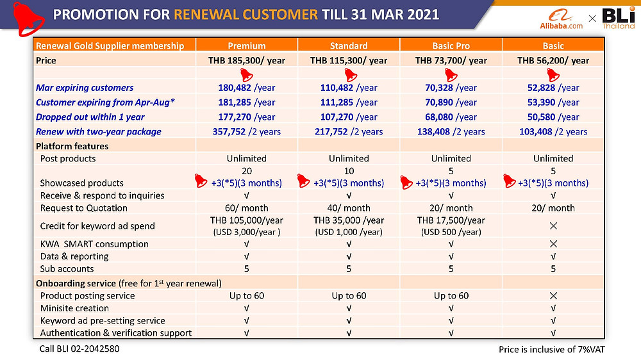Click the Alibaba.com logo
pyautogui.click(x=565, y=19)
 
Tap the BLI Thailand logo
pyautogui.click(x=619, y=19)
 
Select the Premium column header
pyautogui.click(x=247, y=45)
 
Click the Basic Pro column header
pyautogui.click(x=451, y=45)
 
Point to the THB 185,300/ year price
pyautogui.click(x=247, y=60)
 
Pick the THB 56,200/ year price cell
pyautogui.click(x=553, y=60)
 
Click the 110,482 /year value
pyautogui.click(x=349, y=88)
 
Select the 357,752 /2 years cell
pyautogui.click(x=247, y=131)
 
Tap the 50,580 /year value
pyautogui.click(x=553, y=117)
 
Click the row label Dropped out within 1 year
pyautogui.click(x=90, y=117)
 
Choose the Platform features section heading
pyautogui.click(x=72, y=145)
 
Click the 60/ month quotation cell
pyautogui.click(x=247, y=208)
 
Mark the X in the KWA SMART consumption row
pyautogui.click(x=553, y=244)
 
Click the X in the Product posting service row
pyautogui.click(x=553, y=296)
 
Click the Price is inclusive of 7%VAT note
pyautogui.click(x=552, y=349)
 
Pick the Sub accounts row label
pyautogui.click(x=67, y=269)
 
